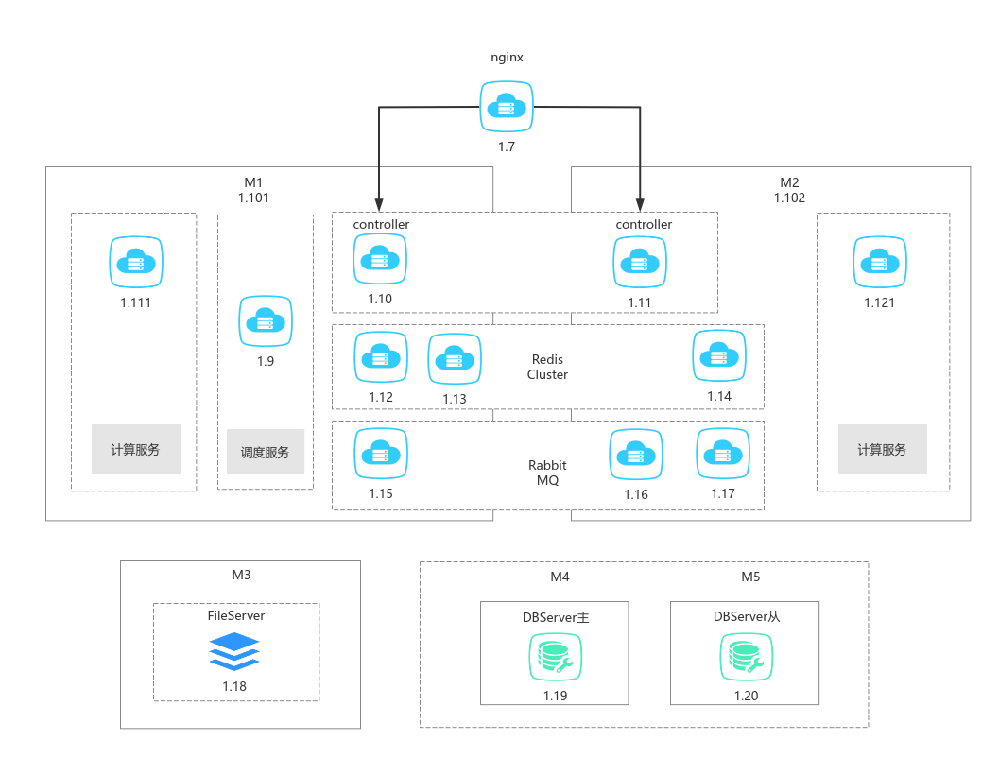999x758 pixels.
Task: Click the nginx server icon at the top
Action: [507, 108]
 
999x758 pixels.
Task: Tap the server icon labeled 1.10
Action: [380, 259]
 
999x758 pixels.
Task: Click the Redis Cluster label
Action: [548, 367]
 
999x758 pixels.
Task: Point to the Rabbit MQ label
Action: [547, 473]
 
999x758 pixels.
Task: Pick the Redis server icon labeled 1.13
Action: [455, 358]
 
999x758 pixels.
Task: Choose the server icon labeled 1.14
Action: [719, 356]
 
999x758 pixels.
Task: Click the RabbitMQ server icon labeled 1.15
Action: [380, 455]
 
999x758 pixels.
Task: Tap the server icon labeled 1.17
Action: [723, 455]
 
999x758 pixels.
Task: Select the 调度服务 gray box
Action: [266, 452]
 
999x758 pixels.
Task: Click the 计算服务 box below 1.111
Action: [135, 449]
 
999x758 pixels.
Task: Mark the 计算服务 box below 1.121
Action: [882, 449]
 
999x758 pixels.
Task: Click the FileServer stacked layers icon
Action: [234, 650]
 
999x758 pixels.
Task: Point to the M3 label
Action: [241, 575]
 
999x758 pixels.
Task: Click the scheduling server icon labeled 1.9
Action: [266, 321]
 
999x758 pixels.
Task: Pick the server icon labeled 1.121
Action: [880, 261]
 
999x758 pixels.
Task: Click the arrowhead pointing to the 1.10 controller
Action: [379, 205]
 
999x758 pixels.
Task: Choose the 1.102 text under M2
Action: [789, 198]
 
